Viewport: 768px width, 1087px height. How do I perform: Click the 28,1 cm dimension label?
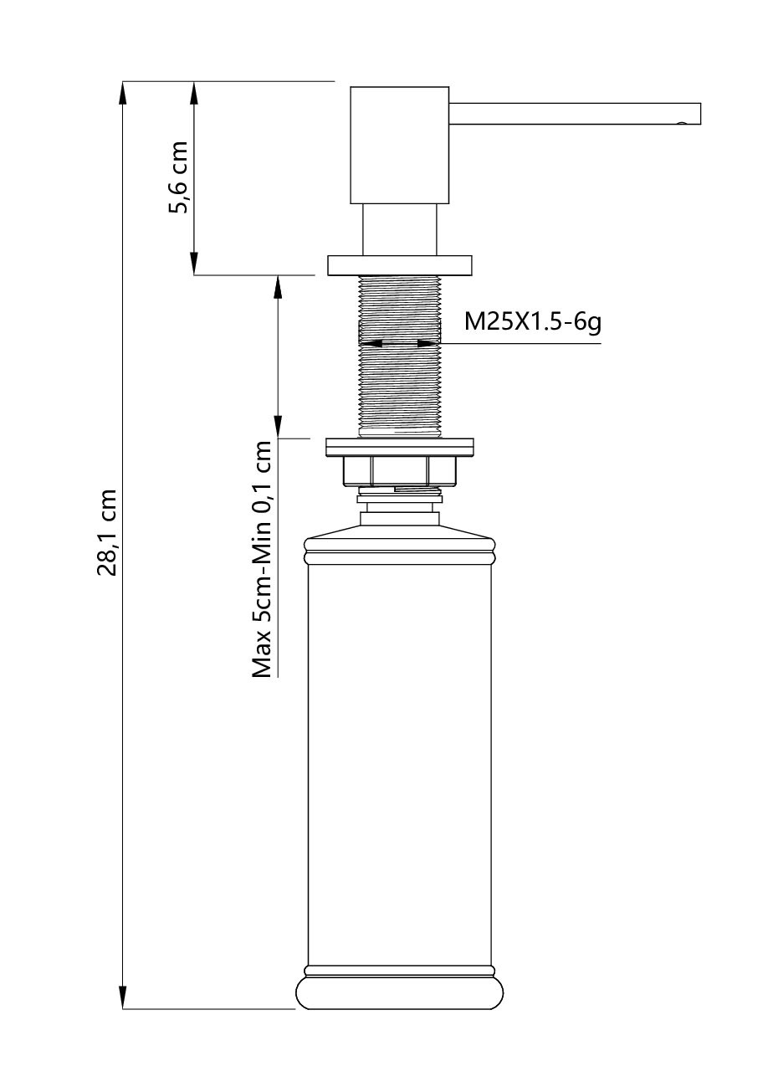(107, 532)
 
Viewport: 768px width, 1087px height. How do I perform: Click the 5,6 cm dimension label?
(177, 177)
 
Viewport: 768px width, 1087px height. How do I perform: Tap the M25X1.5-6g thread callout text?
(533, 322)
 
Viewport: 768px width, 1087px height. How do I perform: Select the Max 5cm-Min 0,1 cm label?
(262, 559)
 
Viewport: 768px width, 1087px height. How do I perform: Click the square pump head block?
(399, 145)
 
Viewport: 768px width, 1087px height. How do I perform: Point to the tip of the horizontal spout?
(700, 114)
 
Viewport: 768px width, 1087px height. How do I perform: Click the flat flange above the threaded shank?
(399, 265)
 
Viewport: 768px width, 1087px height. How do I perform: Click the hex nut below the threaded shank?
(399, 471)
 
